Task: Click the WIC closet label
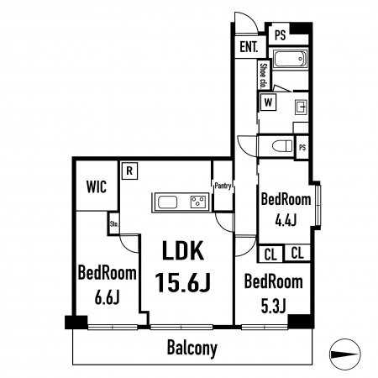(97, 186)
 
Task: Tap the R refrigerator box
(129, 171)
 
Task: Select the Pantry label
(223, 186)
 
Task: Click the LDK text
(183, 251)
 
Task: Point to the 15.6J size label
(182, 282)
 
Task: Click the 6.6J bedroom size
(108, 297)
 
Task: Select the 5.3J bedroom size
(273, 306)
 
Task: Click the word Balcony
(192, 348)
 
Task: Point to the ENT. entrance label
(249, 47)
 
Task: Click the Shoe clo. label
(263, 76)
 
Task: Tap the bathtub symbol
(291, 59)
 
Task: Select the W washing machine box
(268, 102)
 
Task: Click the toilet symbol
(282, 146)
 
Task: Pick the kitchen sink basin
(167, 202)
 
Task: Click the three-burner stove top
(198, 202)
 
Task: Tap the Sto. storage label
(114, 224)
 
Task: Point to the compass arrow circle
(344, 354)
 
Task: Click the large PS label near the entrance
(280, 35)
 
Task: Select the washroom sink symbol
(302, 107)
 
